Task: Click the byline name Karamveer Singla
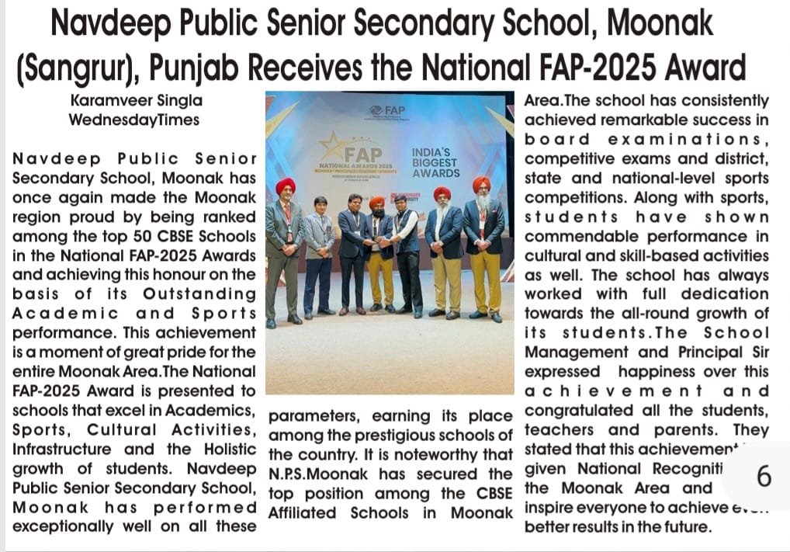coord(136,101)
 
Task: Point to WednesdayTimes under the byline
coord(133,120)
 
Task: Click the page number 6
coord(764,476)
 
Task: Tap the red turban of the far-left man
coord(286,186)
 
